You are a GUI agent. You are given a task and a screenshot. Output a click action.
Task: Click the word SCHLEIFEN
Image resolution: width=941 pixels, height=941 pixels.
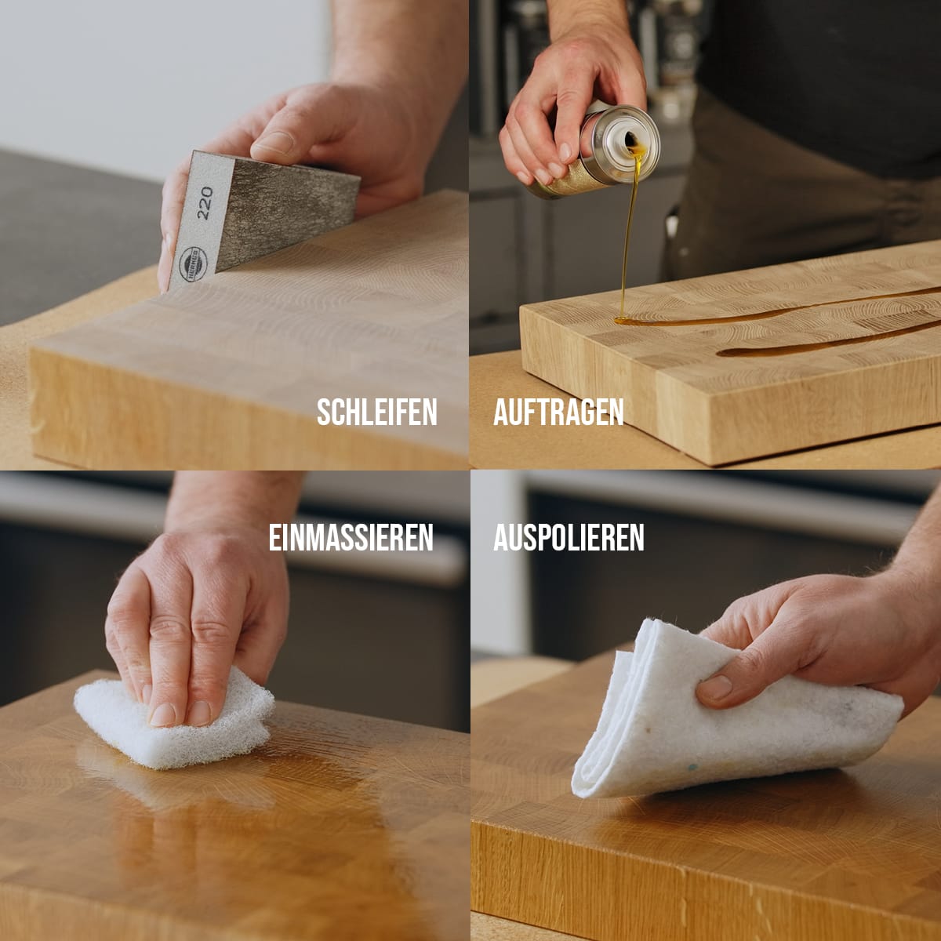click(x=376, y=412)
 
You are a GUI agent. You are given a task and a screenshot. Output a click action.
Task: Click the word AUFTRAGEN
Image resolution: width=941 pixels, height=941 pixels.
click(x=558, y=412)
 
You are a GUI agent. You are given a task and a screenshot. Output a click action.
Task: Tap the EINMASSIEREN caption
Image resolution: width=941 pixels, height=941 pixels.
click(x=351, y=538)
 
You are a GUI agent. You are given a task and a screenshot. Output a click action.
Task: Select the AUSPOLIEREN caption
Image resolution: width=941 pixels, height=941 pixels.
click(x=569, y=538)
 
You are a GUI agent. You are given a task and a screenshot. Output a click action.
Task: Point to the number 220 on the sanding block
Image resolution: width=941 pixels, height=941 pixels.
click(x=205, y=202)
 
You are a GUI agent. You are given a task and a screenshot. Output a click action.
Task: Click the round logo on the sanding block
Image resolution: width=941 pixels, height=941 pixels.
click(x=193, y=264)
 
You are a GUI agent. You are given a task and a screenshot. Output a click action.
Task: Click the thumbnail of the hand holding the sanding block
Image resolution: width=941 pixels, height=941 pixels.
click(x=272, y=143)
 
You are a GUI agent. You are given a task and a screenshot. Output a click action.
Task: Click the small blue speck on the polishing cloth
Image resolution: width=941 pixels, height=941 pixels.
click(x=692, y=767)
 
